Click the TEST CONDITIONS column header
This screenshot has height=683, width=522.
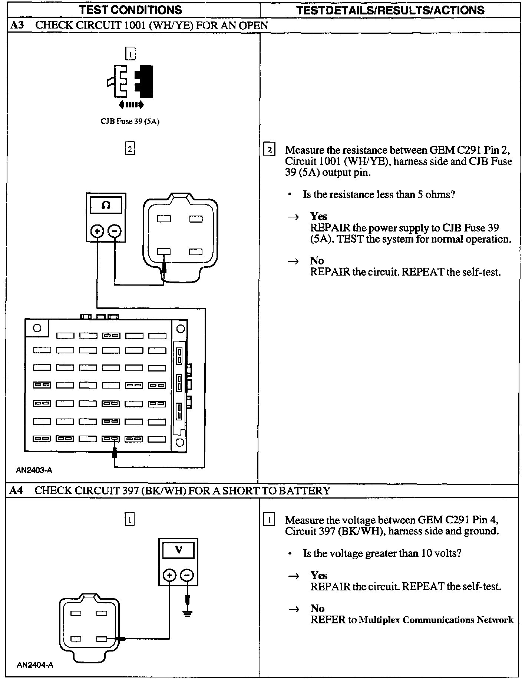130,10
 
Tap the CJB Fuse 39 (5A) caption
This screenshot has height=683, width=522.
130,121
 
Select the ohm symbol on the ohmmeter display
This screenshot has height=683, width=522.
106,205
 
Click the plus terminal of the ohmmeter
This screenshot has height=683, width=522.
98,231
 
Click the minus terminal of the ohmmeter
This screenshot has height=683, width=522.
115,231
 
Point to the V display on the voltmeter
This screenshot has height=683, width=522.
178,550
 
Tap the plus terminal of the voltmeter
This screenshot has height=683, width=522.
169,575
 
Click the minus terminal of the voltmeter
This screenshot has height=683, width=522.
187,575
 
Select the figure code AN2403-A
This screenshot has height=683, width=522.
34,470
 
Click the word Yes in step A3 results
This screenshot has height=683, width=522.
318,216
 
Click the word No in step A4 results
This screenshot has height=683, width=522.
317,609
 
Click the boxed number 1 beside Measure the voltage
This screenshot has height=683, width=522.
269,520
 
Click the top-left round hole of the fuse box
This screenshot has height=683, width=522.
37,328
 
